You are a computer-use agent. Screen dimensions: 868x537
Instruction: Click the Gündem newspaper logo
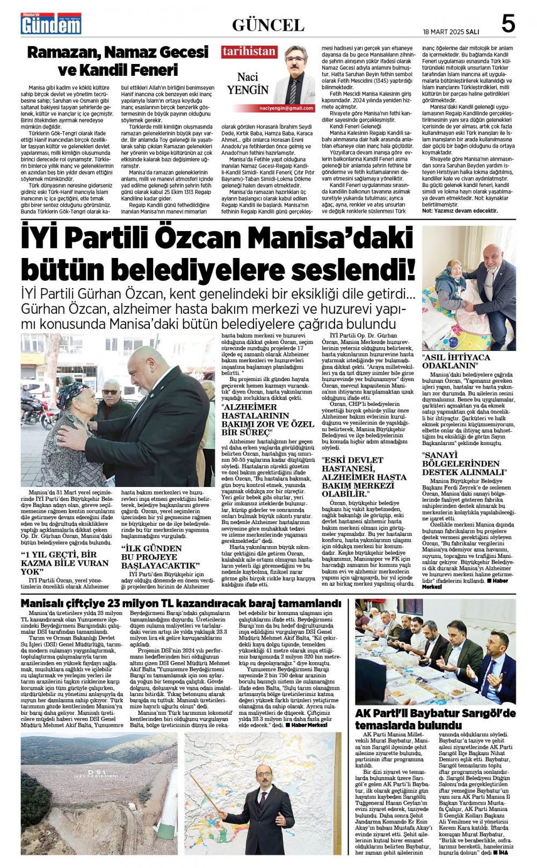51,24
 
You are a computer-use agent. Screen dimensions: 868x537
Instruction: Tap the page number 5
507,24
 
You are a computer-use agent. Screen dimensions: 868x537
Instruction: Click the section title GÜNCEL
268,25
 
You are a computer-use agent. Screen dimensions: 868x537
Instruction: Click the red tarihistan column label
249,52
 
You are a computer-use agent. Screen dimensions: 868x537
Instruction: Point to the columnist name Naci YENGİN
247,84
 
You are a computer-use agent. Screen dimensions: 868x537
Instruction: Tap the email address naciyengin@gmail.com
292,108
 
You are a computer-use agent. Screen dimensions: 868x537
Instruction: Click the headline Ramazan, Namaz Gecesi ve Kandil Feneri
118,61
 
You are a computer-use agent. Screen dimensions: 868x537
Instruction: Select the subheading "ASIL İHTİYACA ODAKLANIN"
456,361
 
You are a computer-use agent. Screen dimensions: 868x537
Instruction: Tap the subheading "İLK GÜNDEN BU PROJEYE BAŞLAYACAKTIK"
160,557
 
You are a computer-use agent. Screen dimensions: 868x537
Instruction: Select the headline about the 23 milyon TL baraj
181,604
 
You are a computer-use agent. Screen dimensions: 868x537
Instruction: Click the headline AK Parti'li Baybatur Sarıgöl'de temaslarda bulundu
435,719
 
